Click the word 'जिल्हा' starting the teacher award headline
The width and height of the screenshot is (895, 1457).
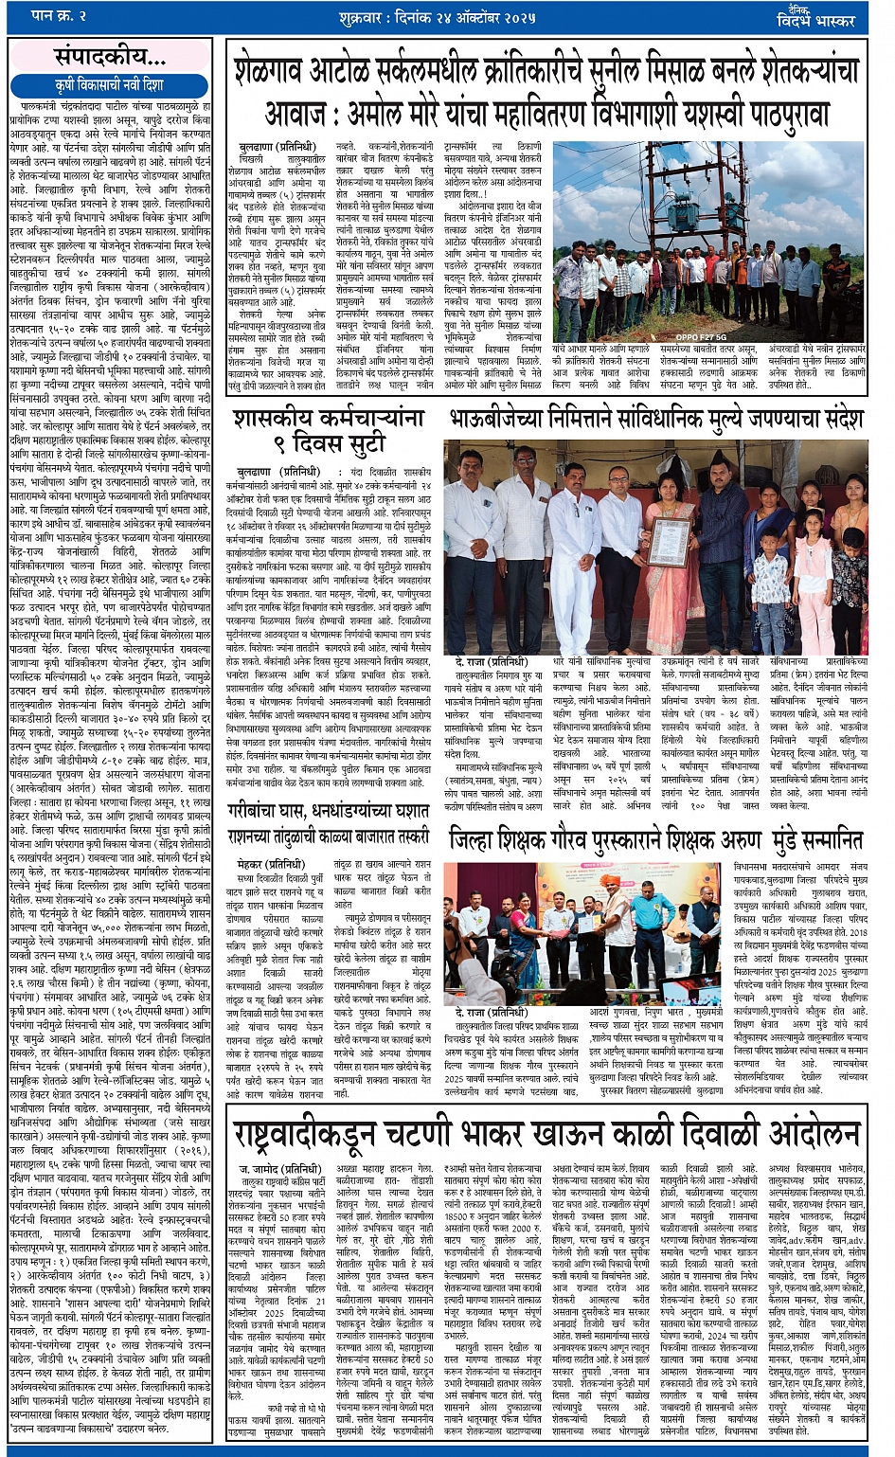pyautogui.click(x=476, y=841)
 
